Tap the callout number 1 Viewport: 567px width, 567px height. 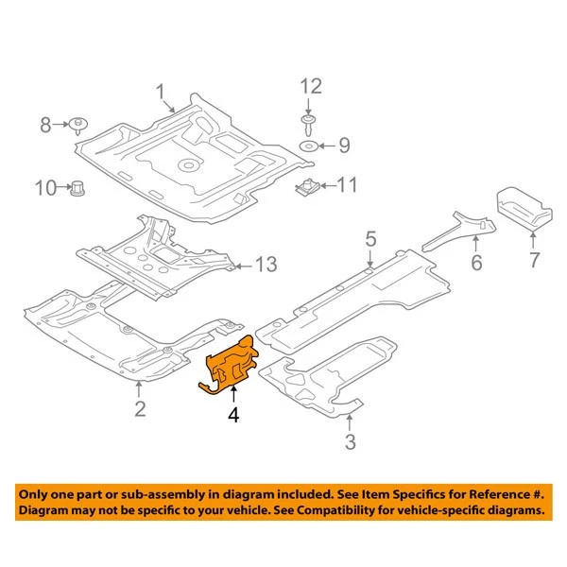pos(161,92)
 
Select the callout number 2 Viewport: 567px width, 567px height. pos(139,408)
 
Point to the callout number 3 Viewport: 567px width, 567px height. pos(350,441)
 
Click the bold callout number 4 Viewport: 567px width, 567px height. pos(232,413)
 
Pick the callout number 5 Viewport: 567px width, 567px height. pos(371,237)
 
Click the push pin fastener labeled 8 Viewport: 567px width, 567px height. pos(77,125)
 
